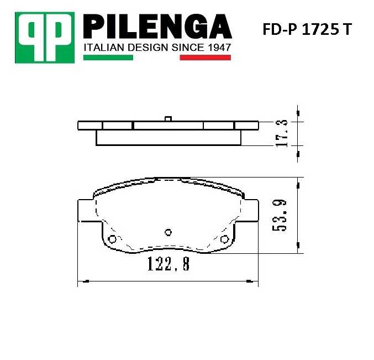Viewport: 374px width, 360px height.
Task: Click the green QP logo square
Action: (x=45, y=37)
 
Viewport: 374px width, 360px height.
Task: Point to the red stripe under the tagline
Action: (x=205, y=57)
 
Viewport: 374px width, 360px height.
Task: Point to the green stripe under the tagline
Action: (x=108, y=57)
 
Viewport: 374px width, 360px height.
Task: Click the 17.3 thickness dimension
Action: (x=282, y=133)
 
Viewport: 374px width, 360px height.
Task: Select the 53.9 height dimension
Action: (x=282, y=215)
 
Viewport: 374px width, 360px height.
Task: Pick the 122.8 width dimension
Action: (x=168, y=265)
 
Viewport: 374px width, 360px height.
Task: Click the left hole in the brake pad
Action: (x=113, y=239)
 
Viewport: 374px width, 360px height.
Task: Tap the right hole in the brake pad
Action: (x=224, y=239)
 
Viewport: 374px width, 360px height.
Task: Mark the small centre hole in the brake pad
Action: (x=169, y=232)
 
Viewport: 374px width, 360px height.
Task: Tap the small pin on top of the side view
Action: (x=169, y=118)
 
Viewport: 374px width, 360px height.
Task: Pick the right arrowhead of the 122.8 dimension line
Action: (x=254, y=282)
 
